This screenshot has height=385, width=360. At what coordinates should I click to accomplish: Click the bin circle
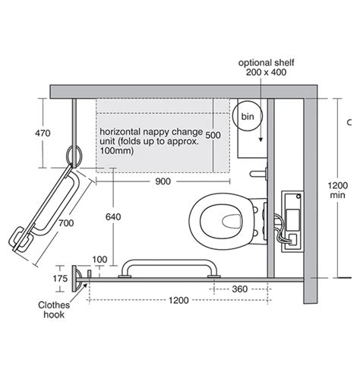pos(233,116)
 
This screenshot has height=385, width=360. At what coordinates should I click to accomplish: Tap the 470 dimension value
pos(43,133)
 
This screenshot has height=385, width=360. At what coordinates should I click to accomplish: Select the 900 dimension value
pos(163,181)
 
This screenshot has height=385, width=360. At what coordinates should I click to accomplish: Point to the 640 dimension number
pos(113,217)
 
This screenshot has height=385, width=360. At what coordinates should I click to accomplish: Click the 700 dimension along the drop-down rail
pos(66,223)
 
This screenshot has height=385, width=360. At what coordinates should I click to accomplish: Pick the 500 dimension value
pos(213,135)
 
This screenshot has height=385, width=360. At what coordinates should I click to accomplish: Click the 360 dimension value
pos(239,289)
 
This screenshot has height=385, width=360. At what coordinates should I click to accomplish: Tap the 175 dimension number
pos(60,279)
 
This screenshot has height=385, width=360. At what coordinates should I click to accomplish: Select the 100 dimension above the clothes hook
pos(99,260)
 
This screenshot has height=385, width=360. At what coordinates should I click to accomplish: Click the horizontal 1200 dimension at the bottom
pos(178,301)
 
